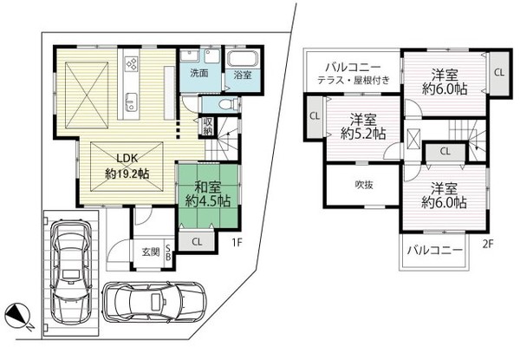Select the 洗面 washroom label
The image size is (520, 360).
pos(199,74)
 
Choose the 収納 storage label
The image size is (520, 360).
pos(209,125)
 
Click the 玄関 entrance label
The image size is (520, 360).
pos(151,252)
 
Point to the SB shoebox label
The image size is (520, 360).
pos(168,252)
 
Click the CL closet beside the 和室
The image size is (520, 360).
pos(198,241)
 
